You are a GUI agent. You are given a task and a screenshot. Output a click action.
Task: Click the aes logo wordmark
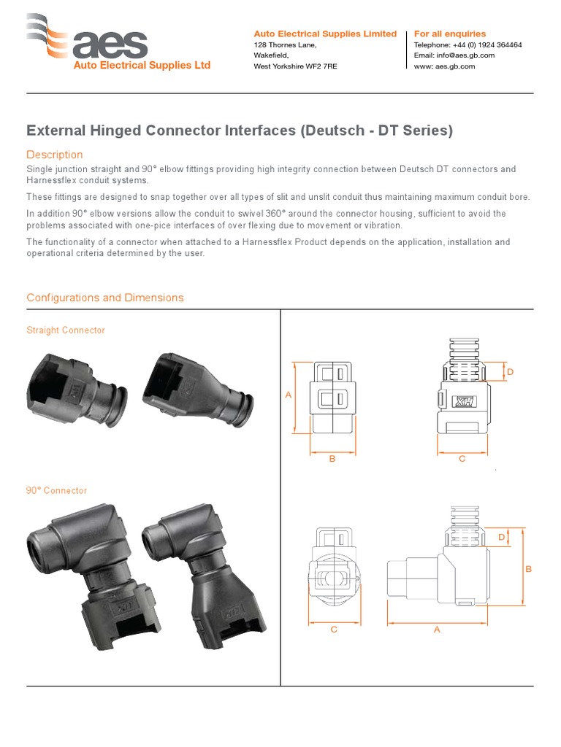[110, 45]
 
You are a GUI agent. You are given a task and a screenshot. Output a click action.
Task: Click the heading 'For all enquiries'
[449, 34]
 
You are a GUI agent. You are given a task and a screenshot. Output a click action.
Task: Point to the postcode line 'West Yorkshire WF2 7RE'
[295, 66]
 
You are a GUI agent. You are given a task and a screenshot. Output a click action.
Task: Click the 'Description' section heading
[55, 155]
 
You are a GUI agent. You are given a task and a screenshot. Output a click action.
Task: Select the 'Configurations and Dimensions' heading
[105, 298]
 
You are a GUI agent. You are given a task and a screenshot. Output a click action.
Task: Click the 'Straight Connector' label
[66, 330]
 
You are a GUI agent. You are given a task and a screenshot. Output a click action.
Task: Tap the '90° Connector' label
[56, 491]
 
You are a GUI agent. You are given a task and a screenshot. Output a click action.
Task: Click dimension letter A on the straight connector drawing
[289, 395]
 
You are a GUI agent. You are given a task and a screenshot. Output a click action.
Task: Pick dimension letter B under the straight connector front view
[332, 459]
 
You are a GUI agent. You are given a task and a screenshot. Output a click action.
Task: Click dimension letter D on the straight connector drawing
[511, 372]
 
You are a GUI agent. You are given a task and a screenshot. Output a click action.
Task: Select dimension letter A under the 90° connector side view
[437, 630]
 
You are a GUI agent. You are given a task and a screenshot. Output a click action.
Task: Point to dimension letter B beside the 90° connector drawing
[528, 568]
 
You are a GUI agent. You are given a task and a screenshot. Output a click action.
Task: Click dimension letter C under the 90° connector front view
[334, 630]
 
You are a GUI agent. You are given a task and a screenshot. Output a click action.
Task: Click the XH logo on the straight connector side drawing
[463, 401]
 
